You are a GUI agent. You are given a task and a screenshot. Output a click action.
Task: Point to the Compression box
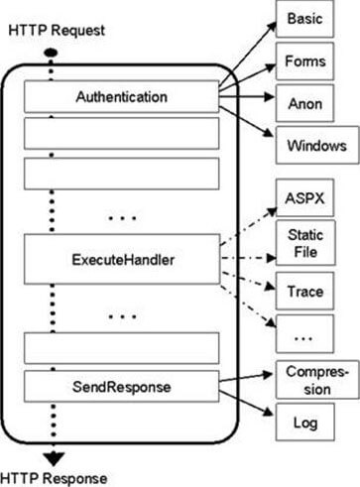(312, 380)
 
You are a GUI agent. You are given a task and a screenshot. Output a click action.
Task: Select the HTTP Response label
(55, 478)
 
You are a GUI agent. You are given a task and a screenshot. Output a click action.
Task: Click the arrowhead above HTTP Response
(53, 457)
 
